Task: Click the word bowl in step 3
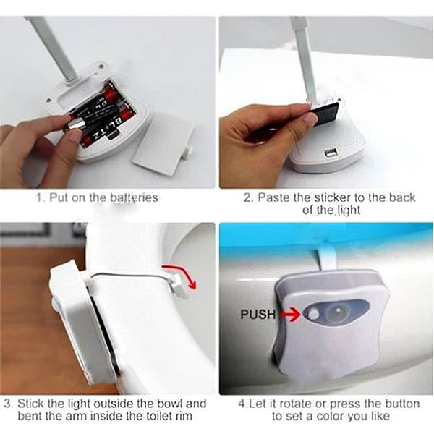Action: [x=167, y=404]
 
